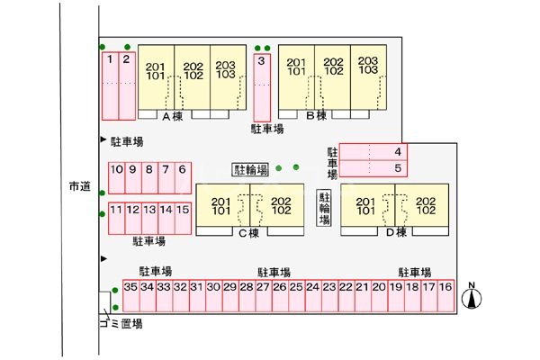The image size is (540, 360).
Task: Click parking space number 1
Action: coord(109,85)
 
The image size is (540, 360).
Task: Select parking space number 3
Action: coord(261,85)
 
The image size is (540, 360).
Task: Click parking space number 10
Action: coord(116,178)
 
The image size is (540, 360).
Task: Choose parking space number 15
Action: coord(183,219)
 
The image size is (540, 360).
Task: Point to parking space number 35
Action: coord(131,298)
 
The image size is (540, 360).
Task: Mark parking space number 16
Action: coord(445,298)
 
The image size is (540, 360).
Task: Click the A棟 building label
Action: coord(173,116)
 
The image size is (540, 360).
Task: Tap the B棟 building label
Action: coord(316,116)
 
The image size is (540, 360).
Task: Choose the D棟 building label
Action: coord(396,233)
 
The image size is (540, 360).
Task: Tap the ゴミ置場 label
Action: coord(121,323)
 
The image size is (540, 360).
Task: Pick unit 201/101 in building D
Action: coord(365,206)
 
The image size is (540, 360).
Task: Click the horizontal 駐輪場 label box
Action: coord(251,169)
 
